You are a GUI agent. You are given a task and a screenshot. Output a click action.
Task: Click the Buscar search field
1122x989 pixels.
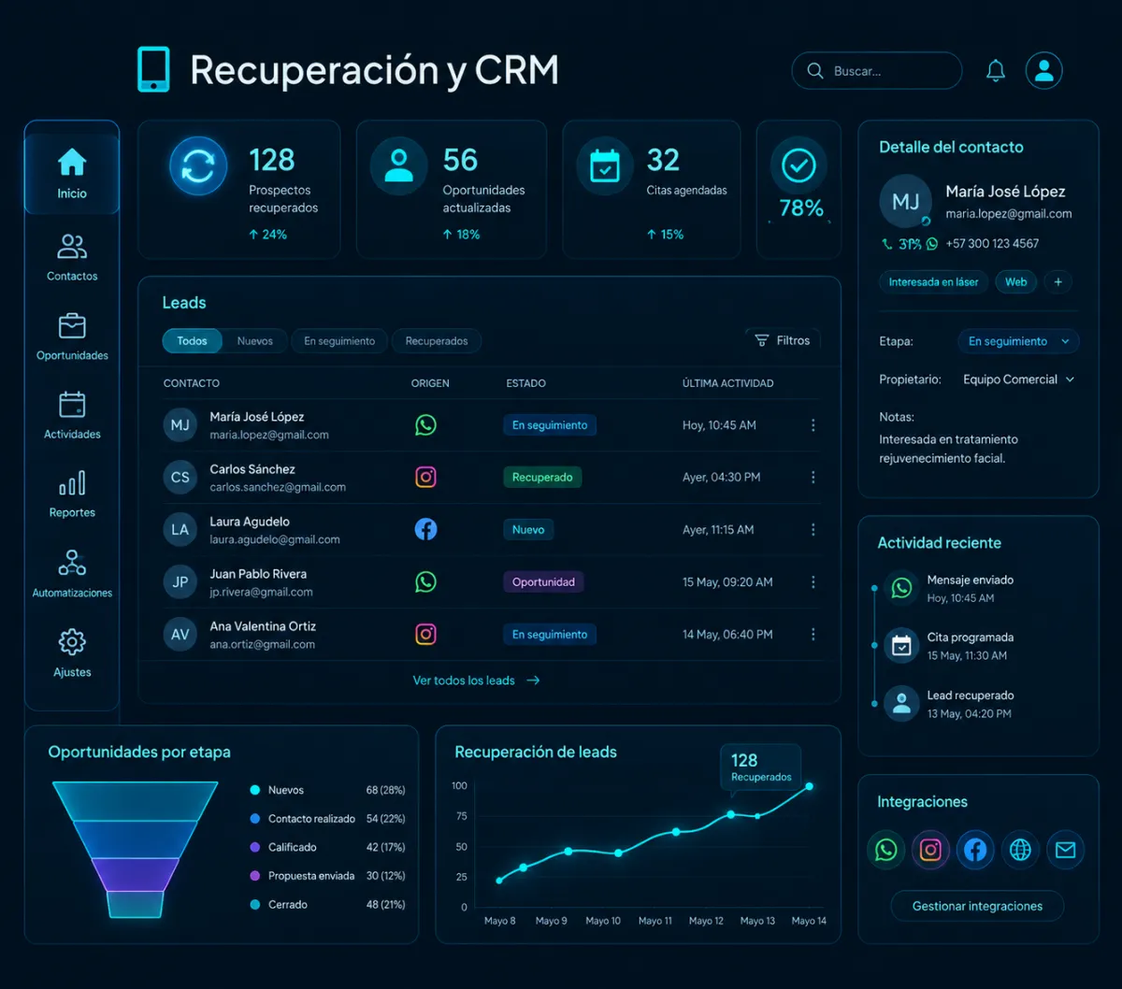click(877, 71)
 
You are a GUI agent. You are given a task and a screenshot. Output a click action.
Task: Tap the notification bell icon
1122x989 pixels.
click(995, 70)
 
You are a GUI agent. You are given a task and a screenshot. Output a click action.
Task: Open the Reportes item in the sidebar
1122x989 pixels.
click(72, 494)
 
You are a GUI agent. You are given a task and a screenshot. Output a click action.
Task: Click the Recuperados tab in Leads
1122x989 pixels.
click(437, 341)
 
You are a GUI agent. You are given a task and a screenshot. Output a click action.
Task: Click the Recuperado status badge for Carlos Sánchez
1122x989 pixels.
click(542, 478)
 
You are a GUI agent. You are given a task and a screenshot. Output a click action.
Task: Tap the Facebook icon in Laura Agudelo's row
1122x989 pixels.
click(425, 529)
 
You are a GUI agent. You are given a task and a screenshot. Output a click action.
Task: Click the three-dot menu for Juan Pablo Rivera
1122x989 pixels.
click(813, 582)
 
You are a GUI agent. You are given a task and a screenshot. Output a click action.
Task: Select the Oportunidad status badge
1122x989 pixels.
click(543, 582)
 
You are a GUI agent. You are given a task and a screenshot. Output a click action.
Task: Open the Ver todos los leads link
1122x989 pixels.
click(476, 681)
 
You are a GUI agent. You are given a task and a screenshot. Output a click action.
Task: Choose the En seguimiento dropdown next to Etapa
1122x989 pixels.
click(1018, 341)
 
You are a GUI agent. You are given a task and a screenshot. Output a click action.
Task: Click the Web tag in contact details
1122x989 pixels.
click(1015, 282)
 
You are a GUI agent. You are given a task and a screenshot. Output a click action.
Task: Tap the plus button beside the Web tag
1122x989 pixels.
click(1057, 282)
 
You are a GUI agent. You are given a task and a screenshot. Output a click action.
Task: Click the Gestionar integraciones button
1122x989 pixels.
click(977, 906)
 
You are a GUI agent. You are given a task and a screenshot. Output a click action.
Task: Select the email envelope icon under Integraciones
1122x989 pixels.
click(1065, 850)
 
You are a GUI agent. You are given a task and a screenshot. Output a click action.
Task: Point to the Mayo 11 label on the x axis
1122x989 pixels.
click(655, 921)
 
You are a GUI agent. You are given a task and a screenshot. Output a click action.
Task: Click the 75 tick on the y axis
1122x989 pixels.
click(461, 816)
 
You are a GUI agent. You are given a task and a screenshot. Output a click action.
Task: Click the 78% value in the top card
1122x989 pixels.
click(800, 208)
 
